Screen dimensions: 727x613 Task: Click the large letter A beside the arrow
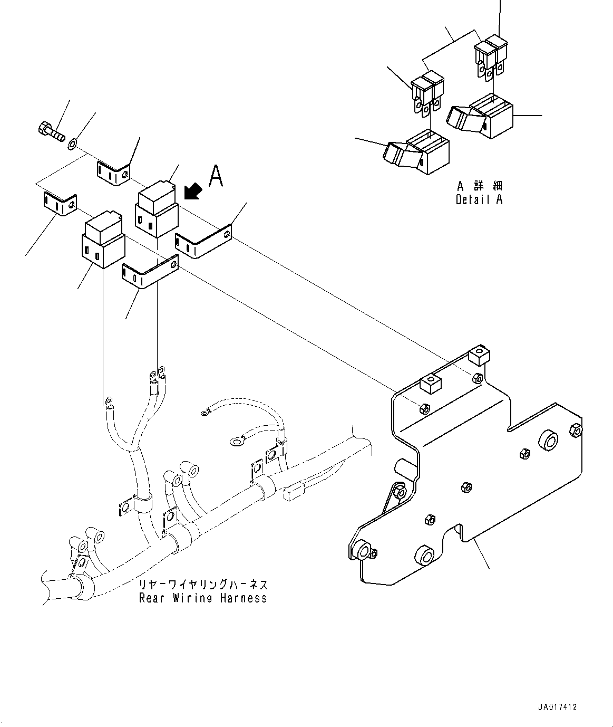(x=216, y=177)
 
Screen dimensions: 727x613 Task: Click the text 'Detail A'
(x=479, y=200)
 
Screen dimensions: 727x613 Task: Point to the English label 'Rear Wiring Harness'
(x=203, y=598)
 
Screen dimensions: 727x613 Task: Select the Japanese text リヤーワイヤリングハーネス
(x=203, y=585)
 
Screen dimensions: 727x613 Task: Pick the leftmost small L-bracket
(x=59, y=204)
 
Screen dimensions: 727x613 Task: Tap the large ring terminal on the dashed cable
(x=236, y=441)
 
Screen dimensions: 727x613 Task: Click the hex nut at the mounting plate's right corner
(x=576, y=431)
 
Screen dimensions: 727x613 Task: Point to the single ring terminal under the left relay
(x=109, y=401)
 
